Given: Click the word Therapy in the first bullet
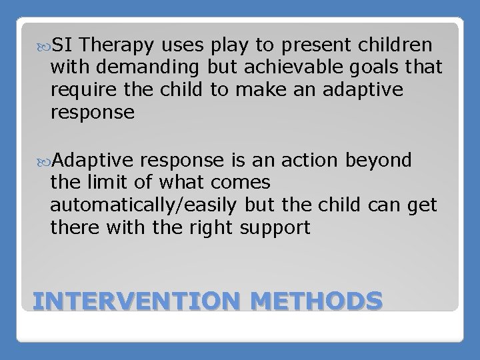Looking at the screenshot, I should coord(116,45).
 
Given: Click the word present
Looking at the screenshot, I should coord(303,45).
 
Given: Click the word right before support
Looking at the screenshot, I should coord(203,228).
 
